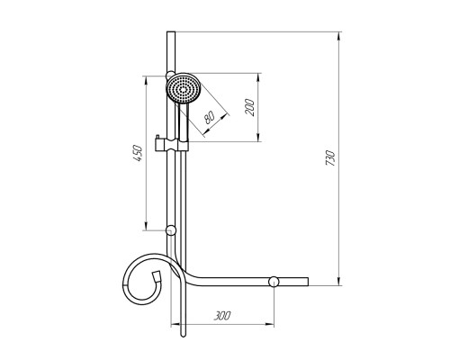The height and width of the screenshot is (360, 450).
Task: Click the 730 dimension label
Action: [x=330, y=158]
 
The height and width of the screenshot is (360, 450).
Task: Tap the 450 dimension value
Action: [x=137, y=154]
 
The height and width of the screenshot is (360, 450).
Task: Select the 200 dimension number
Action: [x=249, y=107]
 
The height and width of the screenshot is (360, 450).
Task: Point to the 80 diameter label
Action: [x=210, y=117]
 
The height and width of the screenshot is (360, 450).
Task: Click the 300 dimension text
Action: [x=222, y=316]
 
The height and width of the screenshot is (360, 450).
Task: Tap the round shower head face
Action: [x=184, y=89]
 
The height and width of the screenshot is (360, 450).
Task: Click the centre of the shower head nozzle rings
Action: [x=183, y=89]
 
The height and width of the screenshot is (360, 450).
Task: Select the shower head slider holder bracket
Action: [x=172, y=145]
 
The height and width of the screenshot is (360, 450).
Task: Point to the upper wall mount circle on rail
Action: [x=170, y=75]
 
